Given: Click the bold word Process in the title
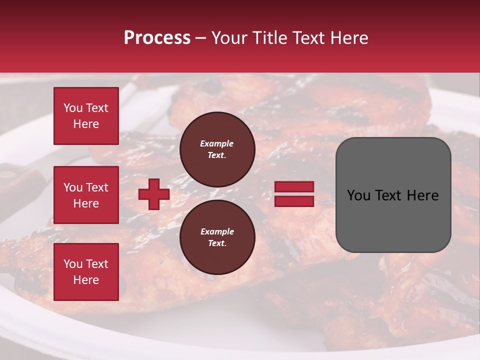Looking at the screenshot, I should point(157,38).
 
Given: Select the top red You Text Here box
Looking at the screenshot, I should point(86,116).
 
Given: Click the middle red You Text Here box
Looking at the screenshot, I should point(86,195).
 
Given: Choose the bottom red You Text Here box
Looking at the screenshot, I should point(86,272).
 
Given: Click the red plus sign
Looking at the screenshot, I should point(154,194).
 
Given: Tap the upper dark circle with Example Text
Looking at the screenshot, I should point(217,149).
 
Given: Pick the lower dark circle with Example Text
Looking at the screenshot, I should point(217,237).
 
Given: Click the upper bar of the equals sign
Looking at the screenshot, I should point(294,186).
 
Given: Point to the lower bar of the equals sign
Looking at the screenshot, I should point(294,201).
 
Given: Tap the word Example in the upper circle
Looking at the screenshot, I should point(217,143).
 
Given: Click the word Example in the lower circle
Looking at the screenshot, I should point(217,231).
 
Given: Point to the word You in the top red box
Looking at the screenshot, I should point(72,108).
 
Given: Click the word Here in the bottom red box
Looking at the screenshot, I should point(86,280).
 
